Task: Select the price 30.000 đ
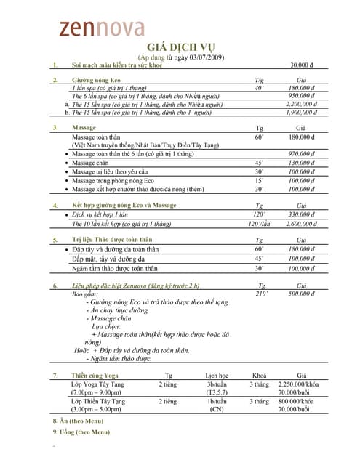[x=307, y=65]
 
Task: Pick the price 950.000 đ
[x=301, y=95]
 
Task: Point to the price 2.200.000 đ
[x=300, y=104]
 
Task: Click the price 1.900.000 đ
[x=300, y=113]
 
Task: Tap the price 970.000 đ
[x=301, y=154]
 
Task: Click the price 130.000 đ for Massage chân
[x=301, y=163]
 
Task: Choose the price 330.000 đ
[x=301, y=215]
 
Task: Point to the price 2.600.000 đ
[x=300, y=224]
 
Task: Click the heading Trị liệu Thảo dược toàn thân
[x=112, y=240]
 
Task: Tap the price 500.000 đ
[x=301, y=294]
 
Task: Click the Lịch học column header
[x=217, y=376]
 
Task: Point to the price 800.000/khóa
[x=301, y=401]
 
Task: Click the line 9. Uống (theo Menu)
[x=81, y=432]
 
